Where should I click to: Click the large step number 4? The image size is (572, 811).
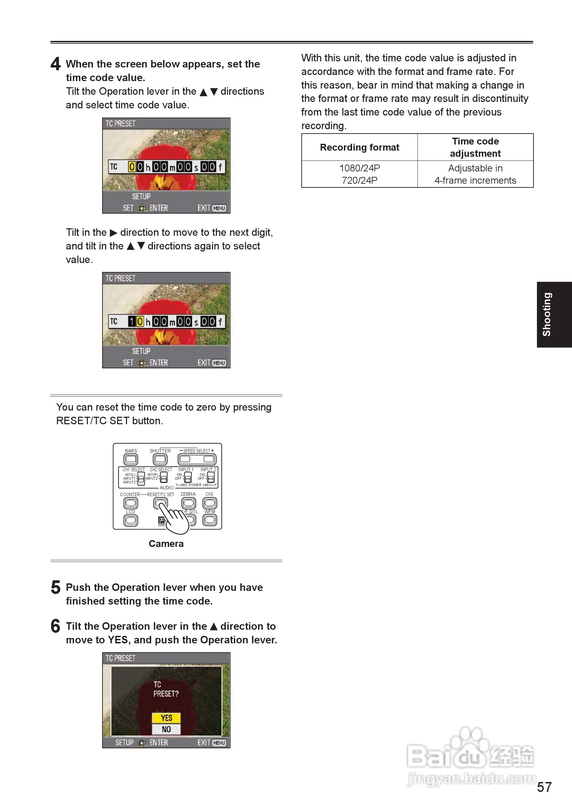[55, 64]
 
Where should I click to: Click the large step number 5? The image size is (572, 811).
[55, 587]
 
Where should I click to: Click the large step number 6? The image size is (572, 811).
[55, 626]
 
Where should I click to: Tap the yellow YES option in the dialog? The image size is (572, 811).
[166, 718]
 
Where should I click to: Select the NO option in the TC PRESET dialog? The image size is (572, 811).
[166, 729]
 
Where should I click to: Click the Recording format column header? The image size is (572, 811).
[359, 147]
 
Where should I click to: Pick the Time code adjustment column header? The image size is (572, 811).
[475, 147]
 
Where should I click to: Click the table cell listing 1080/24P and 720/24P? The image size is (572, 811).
[359, 174]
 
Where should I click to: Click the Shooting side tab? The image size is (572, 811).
[554, 315]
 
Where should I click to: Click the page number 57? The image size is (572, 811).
[544, 787]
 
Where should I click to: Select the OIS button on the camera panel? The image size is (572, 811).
[210, 503]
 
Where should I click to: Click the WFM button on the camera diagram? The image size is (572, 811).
[210, 520]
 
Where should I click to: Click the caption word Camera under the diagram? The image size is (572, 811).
[166, 544]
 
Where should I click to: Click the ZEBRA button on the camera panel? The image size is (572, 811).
[188, 503]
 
